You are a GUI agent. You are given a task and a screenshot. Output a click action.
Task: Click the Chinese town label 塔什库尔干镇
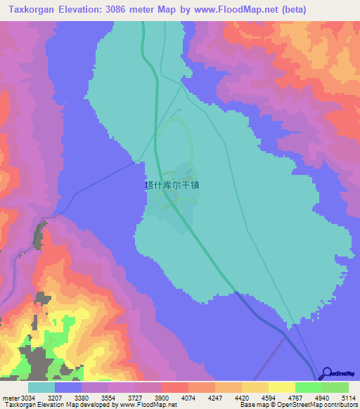172,184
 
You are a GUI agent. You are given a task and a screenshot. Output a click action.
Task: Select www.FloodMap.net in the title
258,8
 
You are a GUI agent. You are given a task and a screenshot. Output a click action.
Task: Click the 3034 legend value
23,397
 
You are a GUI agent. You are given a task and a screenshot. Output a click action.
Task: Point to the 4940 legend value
321,397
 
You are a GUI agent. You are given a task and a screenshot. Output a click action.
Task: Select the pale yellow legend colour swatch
281,387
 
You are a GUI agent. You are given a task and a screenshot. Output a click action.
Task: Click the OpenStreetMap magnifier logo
328,374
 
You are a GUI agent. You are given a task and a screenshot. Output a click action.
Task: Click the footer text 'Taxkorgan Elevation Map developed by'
59,405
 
